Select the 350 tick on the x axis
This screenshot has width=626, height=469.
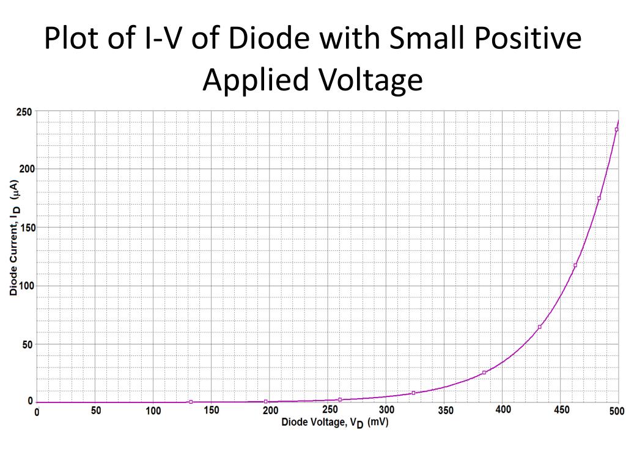coord(446,411)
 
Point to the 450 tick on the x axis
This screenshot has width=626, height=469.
coord(562,411)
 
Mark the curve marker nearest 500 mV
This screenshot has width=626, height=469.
coord(616,129)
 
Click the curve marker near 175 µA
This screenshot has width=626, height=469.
coord(599,198)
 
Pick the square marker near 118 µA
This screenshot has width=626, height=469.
coord(575,265)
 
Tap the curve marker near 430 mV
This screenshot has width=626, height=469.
coord(540,327)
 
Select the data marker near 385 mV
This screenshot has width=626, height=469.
coord(484,373)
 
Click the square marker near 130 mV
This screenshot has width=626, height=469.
coord(191,402)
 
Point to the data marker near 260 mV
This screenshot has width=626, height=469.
coord(340,399)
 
